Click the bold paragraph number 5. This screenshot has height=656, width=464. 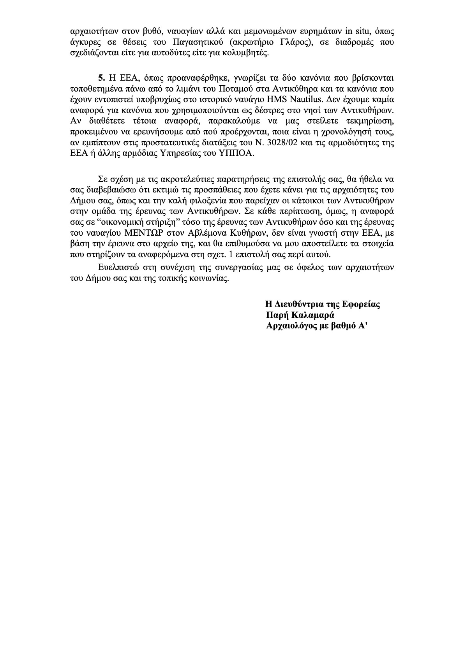pyautogui.click(x=101, y=76)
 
